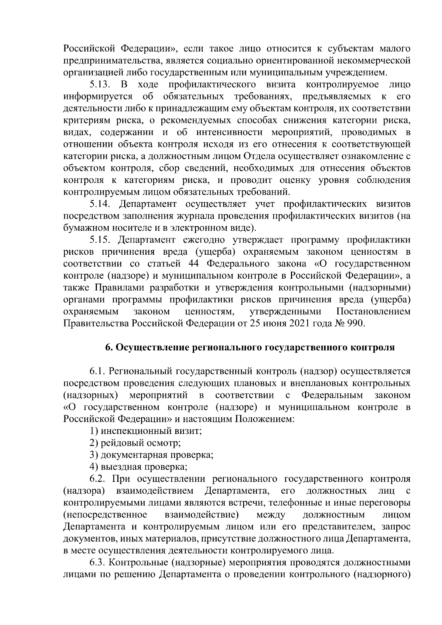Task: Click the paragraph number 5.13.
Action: click(100, 85)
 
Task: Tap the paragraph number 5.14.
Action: click(100, 204)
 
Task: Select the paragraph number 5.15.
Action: click(100, 240)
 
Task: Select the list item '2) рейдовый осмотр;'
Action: click(135, 443)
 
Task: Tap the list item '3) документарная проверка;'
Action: click(151, 455)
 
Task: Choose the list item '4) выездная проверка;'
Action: click(138, 467)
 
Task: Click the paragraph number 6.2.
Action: click(98, 479)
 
